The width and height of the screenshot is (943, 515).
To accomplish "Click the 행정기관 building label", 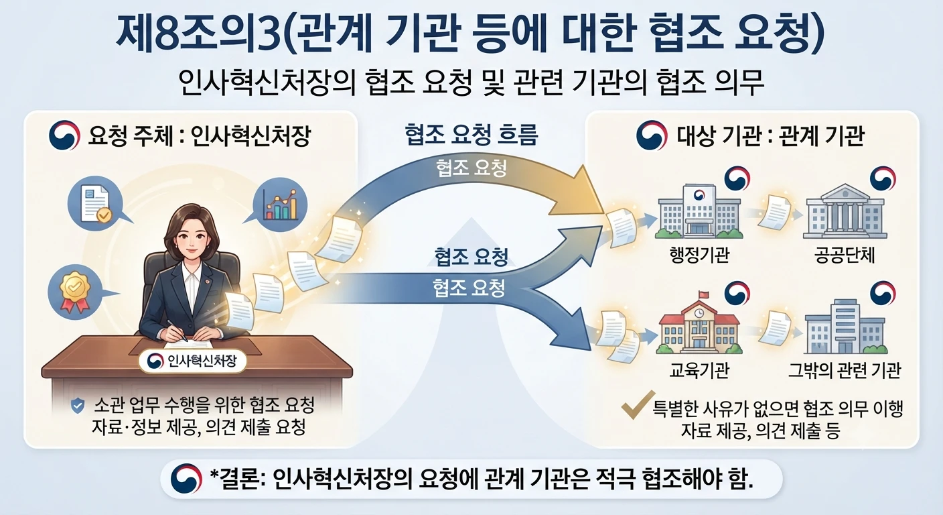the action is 699,255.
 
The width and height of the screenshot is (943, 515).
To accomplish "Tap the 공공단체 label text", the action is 845,255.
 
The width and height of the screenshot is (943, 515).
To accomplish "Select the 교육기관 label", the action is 699,370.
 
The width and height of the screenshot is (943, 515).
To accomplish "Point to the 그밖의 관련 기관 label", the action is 845,370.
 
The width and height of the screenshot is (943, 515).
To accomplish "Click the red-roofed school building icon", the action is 699,328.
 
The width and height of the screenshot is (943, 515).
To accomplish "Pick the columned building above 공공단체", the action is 845,211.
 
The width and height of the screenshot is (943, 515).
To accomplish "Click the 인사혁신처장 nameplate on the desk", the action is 192,361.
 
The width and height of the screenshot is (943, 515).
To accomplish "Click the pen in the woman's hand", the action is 177,331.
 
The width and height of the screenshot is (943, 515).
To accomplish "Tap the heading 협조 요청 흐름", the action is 472,135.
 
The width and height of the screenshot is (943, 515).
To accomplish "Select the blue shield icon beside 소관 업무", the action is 78,406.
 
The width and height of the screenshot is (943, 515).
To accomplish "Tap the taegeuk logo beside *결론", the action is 186,479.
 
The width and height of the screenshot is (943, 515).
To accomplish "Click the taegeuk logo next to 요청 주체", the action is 64,135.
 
